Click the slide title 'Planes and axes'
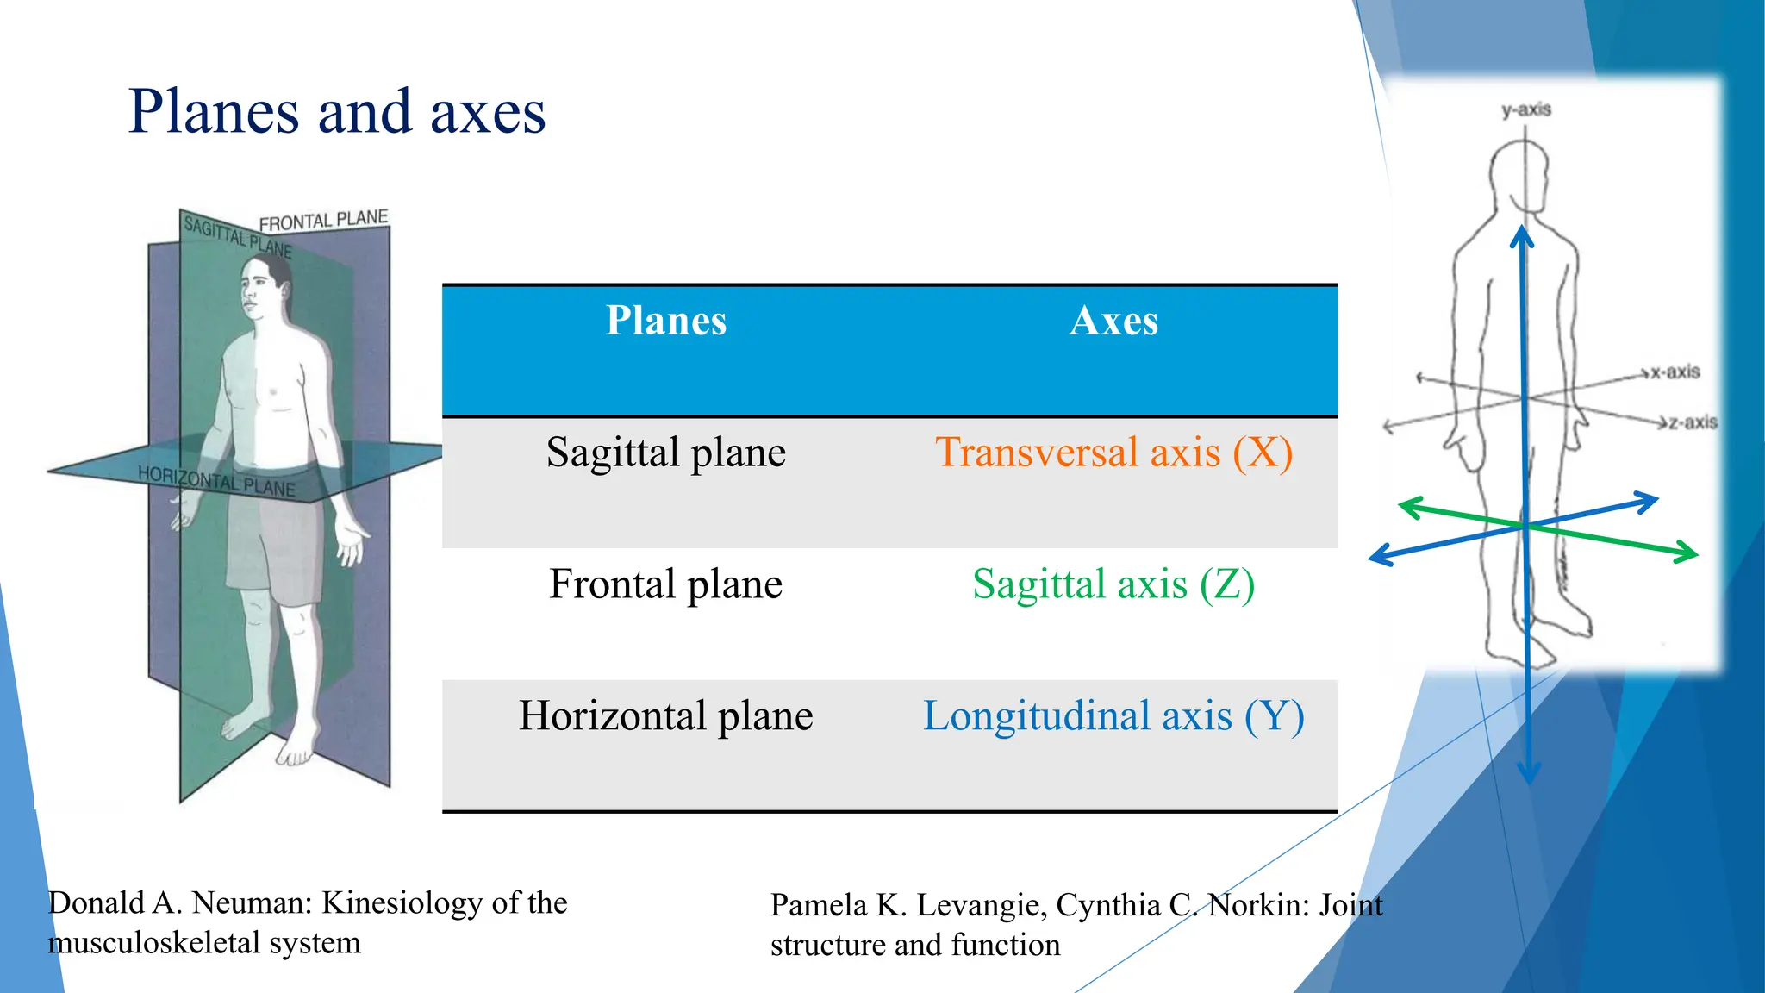pos(337,112)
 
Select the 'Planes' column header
pos(665,321)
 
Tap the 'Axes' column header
pos(1113,321)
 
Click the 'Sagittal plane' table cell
pos(665,453)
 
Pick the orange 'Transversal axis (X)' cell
pos(1113,453)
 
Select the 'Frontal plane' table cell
pos(665,584)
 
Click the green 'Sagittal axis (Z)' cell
pos(1113,584)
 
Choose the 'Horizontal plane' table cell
pos(665,716)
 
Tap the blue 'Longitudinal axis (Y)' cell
pos(1113,716)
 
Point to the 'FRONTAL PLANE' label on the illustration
pos(323,221)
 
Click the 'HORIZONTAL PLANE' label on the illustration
pos(216,481)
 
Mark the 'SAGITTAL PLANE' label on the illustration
pos(237,237)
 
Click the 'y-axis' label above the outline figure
pos(1525,110)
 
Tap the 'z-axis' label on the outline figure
pos(1693,422)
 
